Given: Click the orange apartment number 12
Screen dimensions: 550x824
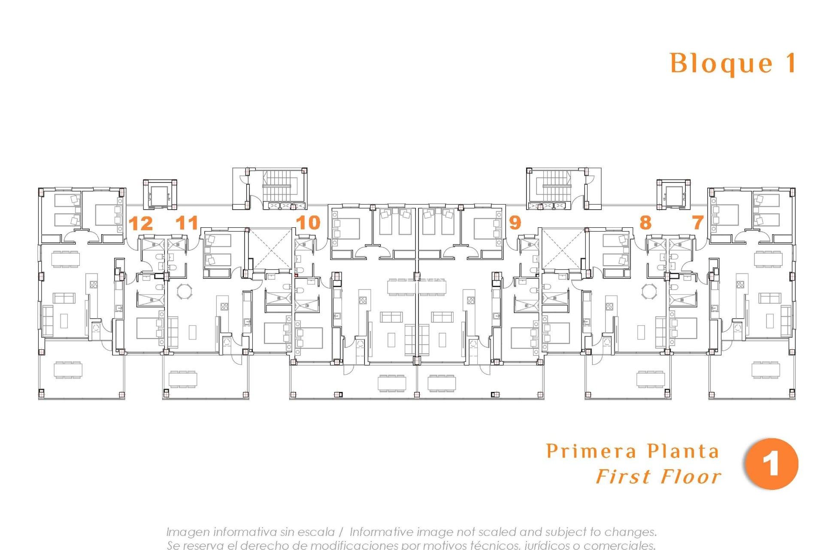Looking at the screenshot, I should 141,223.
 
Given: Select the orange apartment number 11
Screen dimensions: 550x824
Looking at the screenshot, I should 187,223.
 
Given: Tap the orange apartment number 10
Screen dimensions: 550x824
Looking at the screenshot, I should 308,223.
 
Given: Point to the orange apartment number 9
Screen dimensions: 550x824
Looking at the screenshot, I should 515,223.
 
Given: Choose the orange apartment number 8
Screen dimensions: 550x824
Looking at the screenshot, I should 645,223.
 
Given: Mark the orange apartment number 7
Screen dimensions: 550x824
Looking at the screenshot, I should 698,223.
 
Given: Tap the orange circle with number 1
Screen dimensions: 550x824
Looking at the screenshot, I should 771,464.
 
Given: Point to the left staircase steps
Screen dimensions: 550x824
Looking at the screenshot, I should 277,186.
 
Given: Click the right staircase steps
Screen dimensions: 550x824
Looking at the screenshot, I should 556,186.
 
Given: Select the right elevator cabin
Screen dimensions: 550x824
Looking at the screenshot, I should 673,196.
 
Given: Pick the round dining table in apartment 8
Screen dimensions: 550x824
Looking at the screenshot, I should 649,291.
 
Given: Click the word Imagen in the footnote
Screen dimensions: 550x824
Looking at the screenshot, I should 188,532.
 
